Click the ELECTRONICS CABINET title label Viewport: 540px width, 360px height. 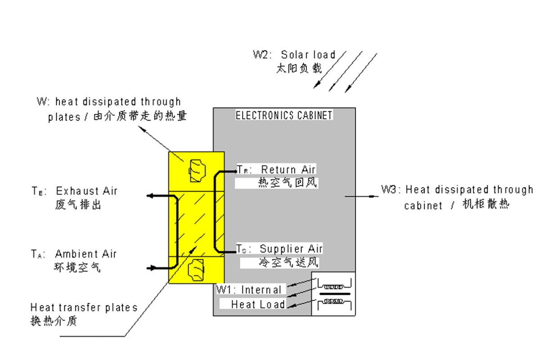[284, 115]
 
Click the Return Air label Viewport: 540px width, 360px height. [288, 170]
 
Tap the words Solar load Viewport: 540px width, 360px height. [308, 55]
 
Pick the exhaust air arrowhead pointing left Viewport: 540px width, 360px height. [150, 196]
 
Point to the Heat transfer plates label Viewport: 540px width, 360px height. [84, 308]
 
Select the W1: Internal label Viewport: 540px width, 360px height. [249, 289]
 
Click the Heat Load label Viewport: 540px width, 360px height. [258, 305]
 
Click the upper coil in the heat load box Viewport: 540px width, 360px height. [333, 286]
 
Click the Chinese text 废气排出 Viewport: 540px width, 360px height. [78, 205]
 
